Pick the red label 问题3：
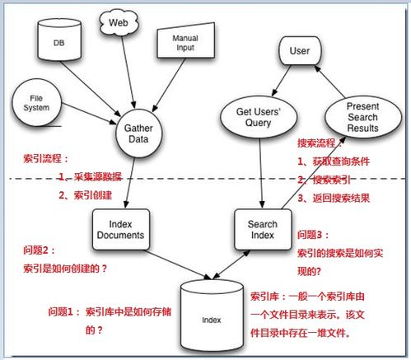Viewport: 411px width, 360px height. point(315,234)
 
